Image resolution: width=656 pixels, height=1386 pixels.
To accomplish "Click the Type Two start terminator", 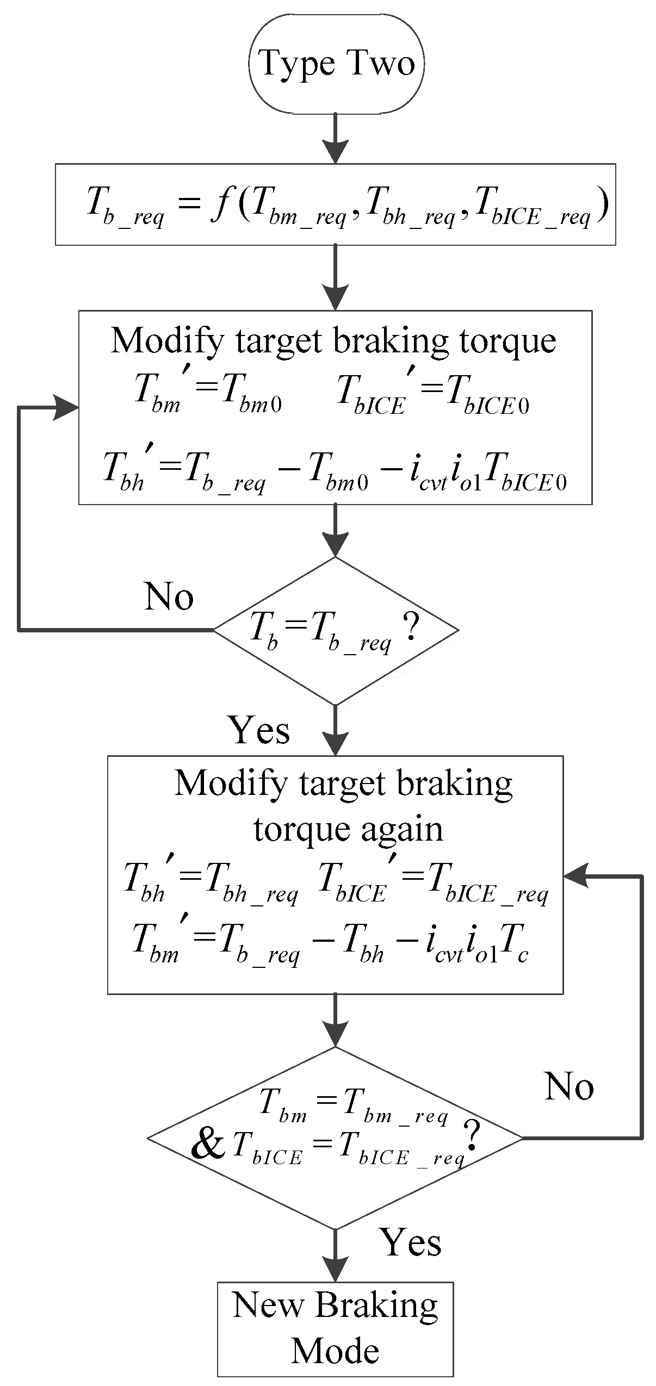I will tap(336, 64).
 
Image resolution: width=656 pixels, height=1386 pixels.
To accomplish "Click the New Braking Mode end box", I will tap(335, 1328).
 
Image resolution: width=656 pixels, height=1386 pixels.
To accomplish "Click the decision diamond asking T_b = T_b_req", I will tap(335, 631).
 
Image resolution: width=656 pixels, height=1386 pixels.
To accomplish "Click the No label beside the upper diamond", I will tap(169, 597).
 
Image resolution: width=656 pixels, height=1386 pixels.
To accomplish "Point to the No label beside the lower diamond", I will tap(569, 1086).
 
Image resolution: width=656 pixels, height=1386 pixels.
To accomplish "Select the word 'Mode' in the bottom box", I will tap(335, 1352).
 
